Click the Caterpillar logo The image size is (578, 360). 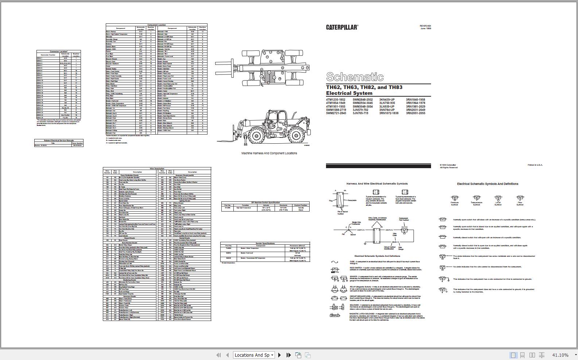pyautogui.click(x=342, y=27)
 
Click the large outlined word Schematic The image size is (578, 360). pyautogui.click(x=354, y=77)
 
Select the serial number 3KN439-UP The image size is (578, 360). pyautogui.click(x=387, y=100)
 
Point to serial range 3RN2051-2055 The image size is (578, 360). pyautogui.click(x=415, y=113)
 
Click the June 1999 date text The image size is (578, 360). pyautogui.click(x=426, y=28)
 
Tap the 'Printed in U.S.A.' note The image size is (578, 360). pyautogui.click(x=535, y=165)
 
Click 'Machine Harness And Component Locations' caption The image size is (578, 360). pyautogui.click(x=269, y=153)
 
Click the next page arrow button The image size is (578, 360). pyautogui.click(x=280, y=355)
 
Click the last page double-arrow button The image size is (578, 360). pyautogui.click(x=288, y=355)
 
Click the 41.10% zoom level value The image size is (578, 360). pyautogui.click(x=560, y=355)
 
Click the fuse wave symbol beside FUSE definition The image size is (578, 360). pyautogui.click(x=334, y=262)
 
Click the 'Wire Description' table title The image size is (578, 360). pyautogui.click(x=157, y=169)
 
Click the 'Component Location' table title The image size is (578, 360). pyautogui.click(x=156, y=25)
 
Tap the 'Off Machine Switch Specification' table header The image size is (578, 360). pyautogui.click(x=265, y=202)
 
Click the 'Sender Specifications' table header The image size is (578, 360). pyautogui.click(x=265, y=243)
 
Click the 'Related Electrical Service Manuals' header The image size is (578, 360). pyautogui.click(x=59, y=140)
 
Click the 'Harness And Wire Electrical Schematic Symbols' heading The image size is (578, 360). pyautogui.click(x=377, y=183)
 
